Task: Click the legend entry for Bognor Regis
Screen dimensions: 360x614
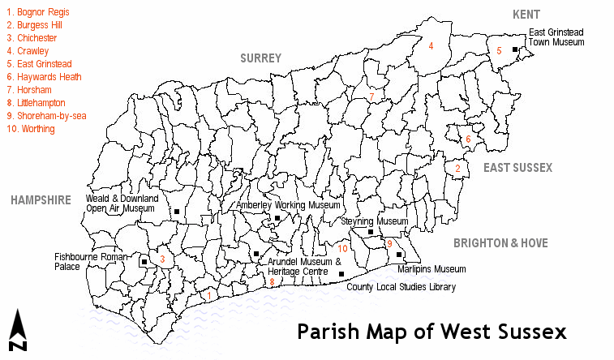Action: coord(37,13)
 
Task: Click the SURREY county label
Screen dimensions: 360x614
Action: coord(260,58)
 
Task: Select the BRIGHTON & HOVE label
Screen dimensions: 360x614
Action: coord(500,243)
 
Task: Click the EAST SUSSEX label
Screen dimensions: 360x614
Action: coord(517,168)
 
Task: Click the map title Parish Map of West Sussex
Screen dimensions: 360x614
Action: coord(431,332)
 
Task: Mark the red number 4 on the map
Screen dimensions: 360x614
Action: coord(431,46)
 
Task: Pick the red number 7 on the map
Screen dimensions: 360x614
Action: coord(371,98)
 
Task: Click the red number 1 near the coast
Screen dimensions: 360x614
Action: coord(209,296)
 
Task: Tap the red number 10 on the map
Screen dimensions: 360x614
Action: coord(343,249)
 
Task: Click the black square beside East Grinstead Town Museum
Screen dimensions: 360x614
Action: coord(515,49)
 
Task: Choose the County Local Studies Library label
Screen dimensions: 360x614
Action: coord(401,287)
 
